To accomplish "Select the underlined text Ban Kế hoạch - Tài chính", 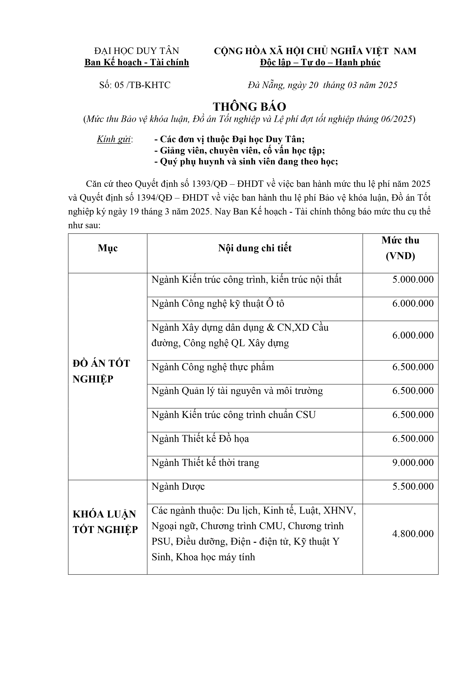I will coord(137,63).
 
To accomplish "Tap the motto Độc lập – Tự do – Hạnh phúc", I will coord(320,63).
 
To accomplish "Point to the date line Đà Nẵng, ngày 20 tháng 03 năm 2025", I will coord(322,85).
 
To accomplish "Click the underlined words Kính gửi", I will coord(114,139).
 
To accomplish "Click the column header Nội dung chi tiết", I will coord(255,248).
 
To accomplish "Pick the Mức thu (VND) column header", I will coord(400,248).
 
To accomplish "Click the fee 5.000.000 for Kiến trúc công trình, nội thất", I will coord(413,279).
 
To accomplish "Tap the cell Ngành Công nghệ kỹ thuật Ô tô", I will coord(218,303).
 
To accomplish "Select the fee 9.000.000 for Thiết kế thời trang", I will coord(413,463).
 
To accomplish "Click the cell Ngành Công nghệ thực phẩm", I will coord(213,367).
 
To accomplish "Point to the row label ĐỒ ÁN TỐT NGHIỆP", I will coord(101,371).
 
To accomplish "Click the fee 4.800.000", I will coord(413,534).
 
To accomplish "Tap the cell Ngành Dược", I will coord(178,487).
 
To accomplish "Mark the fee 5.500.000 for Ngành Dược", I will coord(413,487).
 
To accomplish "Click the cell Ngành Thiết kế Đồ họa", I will coord(200,439).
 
